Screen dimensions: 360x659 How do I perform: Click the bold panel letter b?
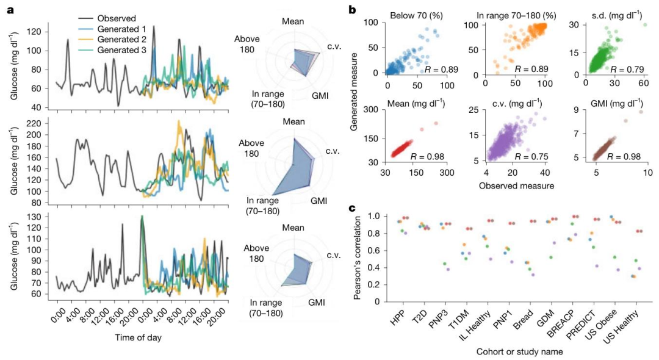352,9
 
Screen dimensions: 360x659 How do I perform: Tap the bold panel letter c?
352,208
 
